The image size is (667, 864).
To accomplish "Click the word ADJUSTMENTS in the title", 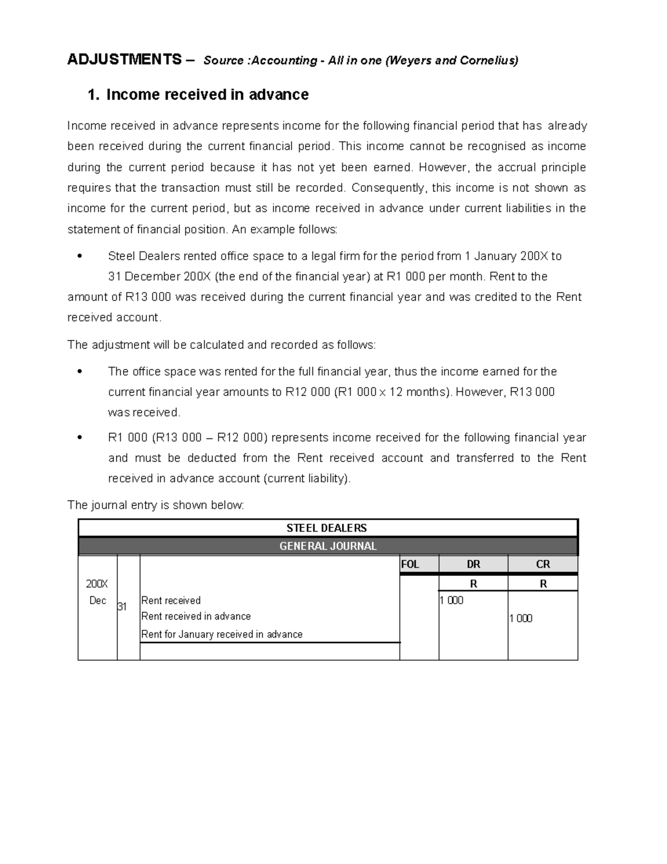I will pos(124,60).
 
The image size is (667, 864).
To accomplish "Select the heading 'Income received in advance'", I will pos(207,95).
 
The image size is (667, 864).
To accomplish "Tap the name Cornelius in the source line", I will pos(487,61).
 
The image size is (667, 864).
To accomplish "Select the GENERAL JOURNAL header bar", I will pos(327,546).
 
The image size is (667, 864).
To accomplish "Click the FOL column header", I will pos(410,564).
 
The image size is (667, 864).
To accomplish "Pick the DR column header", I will pos(473,564).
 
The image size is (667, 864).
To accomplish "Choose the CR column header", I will pos(542,564).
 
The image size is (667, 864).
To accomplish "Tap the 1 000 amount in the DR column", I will pos(451,600).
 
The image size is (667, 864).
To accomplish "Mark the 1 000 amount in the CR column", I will pos(521,618).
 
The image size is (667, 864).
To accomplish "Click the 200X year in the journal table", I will pos(97,584).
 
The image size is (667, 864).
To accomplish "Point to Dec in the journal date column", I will pos(97,601).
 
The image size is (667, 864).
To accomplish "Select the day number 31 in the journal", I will pos(122,607).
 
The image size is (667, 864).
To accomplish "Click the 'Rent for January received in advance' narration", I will pos(222,634).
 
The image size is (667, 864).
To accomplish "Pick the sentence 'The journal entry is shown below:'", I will pos(156,505).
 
